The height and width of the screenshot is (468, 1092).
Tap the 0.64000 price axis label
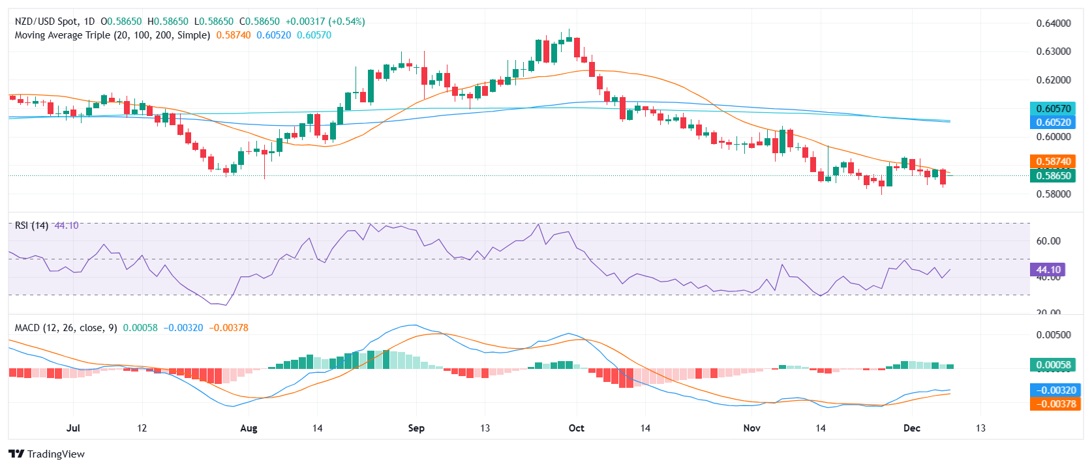pyautogui.click(x=1054, y=23)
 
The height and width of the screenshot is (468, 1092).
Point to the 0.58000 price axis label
pyautogui.click(x=1054, y=194)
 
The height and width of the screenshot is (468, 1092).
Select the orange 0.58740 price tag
pyautogui.click(x=1054, y=162)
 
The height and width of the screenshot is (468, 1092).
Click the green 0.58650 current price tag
pyautogui.click(x=1054, y=175)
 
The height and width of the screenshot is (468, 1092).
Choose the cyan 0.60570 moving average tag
pyautogui.click(x=1054, y=109)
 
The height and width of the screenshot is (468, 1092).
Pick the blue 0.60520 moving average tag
pyautogui.click(x=1054, y=123)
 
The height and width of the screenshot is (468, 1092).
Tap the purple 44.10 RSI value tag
pyautogui.click(x=1048, y=270)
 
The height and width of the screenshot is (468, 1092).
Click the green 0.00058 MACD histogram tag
pyautogui.click(x=1054, y=365)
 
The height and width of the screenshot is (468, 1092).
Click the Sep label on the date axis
pyautogui.click(x=416, y=428)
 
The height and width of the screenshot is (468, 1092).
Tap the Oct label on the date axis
pyautogui.click(x=576, y=428)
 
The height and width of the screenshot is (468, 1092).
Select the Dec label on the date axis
pyautogui.click(x=911, y=428)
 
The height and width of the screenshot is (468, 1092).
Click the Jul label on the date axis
pyautogui.click(x=73, y=428)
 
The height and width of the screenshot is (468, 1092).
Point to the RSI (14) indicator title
pyautogui.click(x=31, y=226)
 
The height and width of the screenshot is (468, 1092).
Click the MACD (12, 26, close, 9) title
pyautogui.click(x=66, y=328)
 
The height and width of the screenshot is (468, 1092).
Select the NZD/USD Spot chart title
pyautogui.click(x=45, y=22)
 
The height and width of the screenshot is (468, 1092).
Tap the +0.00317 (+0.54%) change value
pyautogui.click(x=325, y=22)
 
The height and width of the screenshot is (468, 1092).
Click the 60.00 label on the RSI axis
pyautogui.click(x=1048, y=241)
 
